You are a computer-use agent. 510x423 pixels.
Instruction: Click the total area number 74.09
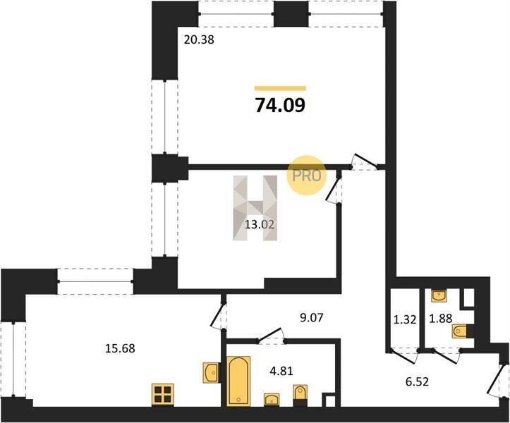pos(280,105)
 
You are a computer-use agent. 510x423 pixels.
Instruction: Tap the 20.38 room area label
pos(199,39)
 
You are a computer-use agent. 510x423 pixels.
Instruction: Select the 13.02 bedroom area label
pos(260,224)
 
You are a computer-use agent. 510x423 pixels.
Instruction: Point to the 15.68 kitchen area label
pos(120,348)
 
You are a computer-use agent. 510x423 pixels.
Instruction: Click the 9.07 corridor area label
pos(312,317)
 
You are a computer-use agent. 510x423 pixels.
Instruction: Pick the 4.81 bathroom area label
pos(281,371)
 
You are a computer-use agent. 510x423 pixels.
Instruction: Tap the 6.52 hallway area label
pos(417,381)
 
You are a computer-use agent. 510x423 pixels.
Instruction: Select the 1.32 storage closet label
pos(405,319)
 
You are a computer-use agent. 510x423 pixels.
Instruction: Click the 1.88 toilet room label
pos(441,318)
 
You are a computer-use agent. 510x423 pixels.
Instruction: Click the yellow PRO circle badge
pos(306,176)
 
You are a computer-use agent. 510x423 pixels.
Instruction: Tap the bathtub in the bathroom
pos(238,381)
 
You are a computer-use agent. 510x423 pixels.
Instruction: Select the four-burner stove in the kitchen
pos(163,395)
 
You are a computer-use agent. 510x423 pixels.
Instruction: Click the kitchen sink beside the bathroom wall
pos(211,373)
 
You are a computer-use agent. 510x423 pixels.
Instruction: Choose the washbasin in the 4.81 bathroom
pos(272,400)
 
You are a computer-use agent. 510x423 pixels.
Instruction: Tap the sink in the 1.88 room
pos(439,296)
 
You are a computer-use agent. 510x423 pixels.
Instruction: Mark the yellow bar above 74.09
pos(280,88)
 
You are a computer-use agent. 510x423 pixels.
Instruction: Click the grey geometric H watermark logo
pos(255,208)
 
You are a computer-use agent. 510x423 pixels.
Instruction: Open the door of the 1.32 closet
pos(403,356)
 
